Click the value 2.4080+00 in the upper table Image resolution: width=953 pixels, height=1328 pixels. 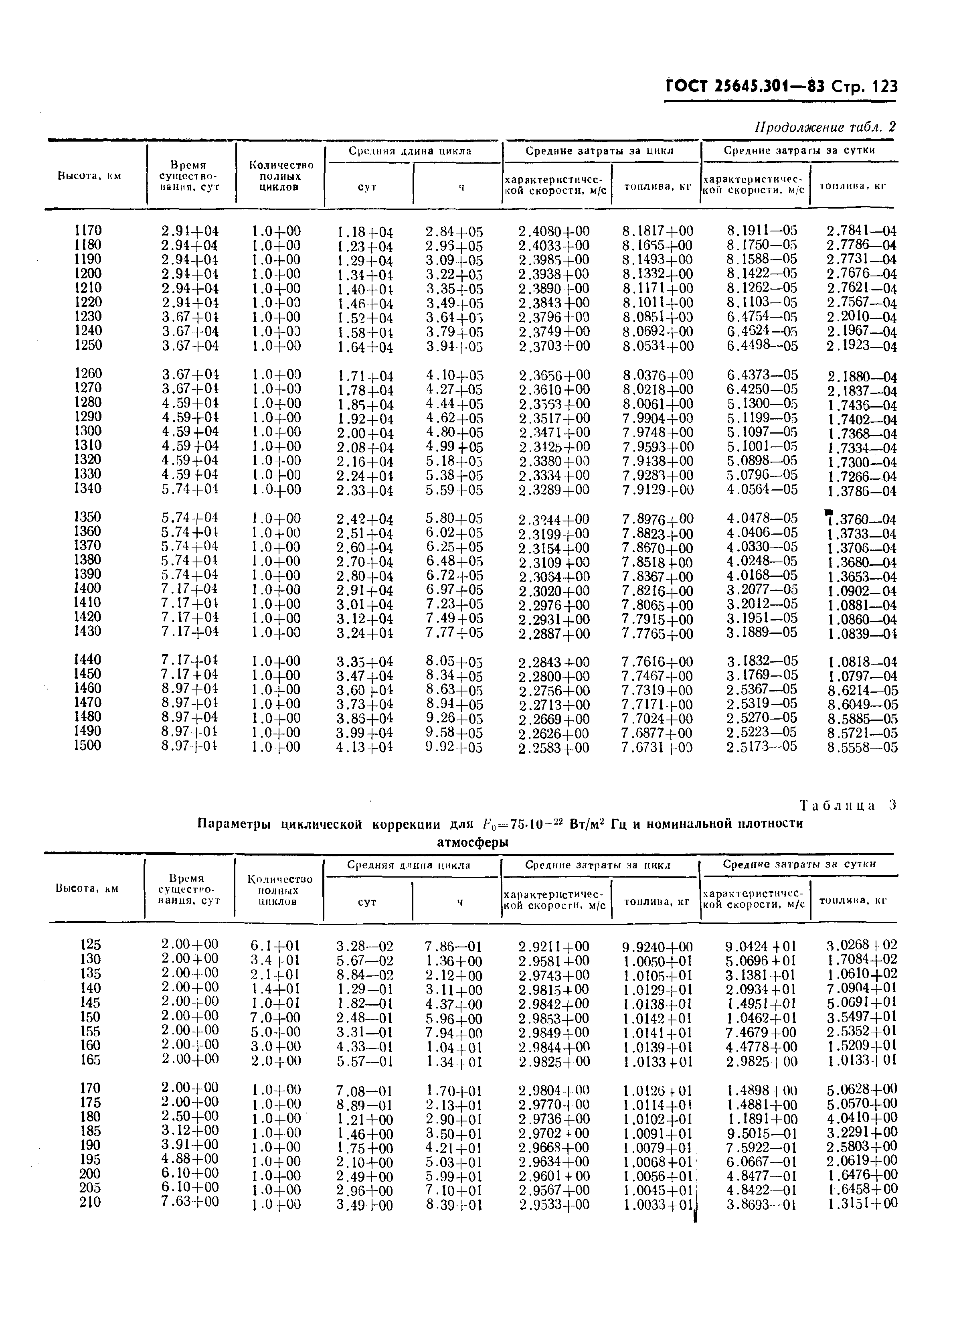(x=554, y=231)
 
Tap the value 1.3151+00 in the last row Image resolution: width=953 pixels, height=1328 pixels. (x=862, y=1203)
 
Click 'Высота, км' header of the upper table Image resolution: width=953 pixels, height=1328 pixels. (x=89, y=176)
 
